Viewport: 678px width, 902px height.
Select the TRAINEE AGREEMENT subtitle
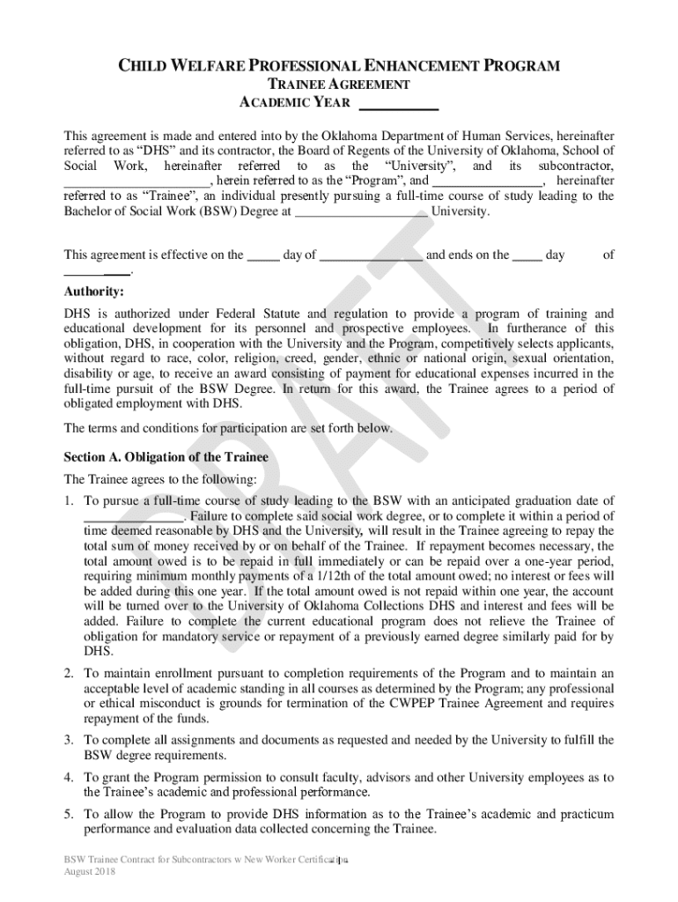tap(339, 85)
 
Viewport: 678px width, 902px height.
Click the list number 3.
tap(69, 740)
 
